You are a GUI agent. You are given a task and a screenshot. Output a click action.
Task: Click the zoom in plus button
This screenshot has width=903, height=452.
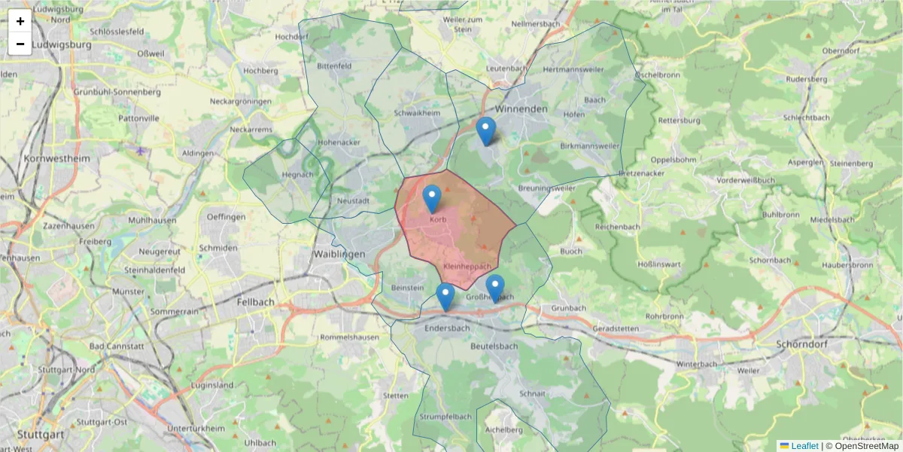20,21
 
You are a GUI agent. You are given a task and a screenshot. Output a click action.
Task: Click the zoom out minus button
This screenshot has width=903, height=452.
20,44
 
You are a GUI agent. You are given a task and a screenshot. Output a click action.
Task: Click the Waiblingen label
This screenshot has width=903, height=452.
339,254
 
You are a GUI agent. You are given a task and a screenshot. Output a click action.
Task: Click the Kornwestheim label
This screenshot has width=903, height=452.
57,159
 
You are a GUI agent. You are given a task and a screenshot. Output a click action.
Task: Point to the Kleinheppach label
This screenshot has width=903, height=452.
467,267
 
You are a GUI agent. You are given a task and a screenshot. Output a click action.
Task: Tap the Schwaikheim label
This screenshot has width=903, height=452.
417,113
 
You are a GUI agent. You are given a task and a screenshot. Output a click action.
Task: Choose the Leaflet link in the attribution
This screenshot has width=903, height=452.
804,446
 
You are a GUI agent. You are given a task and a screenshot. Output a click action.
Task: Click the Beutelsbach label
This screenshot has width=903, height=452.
494,346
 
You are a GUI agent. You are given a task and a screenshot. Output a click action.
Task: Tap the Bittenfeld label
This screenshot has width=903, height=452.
335,66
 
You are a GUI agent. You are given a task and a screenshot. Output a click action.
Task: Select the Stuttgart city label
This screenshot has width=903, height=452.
39,435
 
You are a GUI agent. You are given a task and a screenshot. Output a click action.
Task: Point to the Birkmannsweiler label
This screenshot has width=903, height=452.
591,146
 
